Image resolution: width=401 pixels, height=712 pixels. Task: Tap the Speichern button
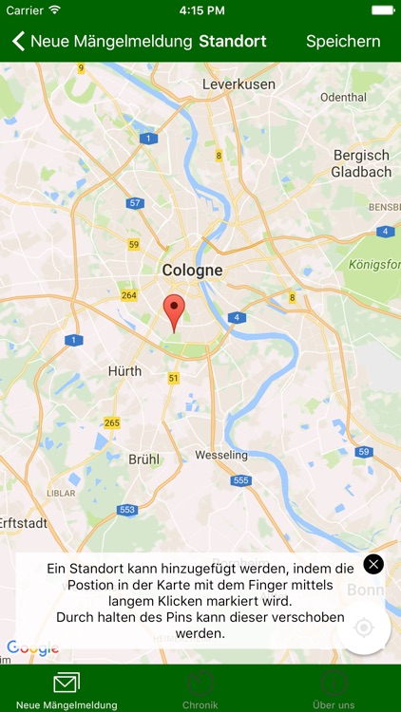(343, 42)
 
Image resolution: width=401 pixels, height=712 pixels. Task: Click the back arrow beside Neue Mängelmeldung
(17, 42)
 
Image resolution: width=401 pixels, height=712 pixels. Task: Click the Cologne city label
(192, 271)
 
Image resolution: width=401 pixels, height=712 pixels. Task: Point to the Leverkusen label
(239, 84)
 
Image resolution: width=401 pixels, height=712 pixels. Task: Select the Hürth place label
(124, 370)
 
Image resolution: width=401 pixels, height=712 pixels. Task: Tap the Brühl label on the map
(143, 459)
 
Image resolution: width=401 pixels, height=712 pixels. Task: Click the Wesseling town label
(221, 456)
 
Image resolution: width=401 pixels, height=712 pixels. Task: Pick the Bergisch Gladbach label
(361, 163)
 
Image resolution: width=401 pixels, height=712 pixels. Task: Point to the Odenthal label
(343, 98)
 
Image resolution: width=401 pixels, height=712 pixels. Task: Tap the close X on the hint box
(373, 564)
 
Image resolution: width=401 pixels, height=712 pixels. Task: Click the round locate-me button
(363, 628)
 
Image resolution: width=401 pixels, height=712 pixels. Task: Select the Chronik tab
(200, 690)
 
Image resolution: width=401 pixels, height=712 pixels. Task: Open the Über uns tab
(334, 690)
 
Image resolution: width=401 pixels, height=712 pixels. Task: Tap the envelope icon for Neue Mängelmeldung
(67, 683)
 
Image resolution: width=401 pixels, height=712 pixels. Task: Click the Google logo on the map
(33, 648)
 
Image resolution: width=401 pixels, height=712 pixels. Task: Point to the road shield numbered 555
(240, 480)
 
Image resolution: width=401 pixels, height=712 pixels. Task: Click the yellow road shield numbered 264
(129, 295)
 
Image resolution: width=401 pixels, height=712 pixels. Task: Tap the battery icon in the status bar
(382, 9)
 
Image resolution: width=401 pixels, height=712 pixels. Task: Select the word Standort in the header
(233, 42)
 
